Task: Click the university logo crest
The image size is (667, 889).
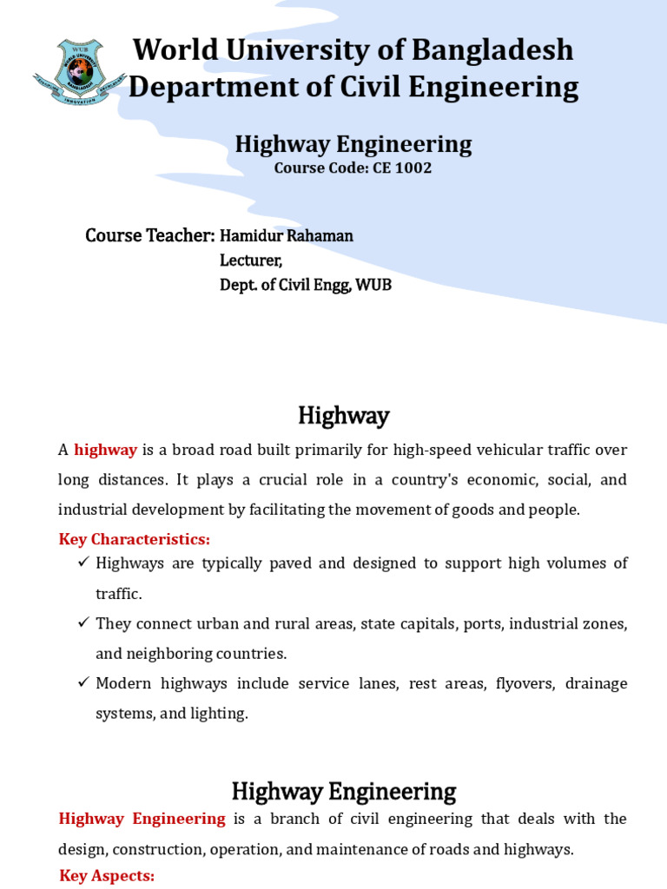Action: coord(80,72)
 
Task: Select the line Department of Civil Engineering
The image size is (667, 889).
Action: coord(353,87)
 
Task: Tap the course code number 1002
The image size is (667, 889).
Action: coord(413,168)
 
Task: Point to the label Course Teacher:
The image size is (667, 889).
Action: coord(149,235)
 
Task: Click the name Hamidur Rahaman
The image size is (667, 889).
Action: coord(287,236)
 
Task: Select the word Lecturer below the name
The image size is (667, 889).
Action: coord(250,260)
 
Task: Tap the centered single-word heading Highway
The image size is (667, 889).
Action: coord(343,416)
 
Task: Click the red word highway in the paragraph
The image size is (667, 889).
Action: coord(105,450)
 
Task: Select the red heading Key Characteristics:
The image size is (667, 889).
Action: coord(134,539)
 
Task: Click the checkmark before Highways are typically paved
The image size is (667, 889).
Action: coord(83,563)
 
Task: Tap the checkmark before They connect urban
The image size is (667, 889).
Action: coord(83,623)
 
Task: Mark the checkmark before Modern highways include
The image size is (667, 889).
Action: coord(83,683)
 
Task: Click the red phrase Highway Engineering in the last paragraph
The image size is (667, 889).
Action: coord(142,819)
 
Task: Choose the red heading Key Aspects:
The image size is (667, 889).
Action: coord(107,875)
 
